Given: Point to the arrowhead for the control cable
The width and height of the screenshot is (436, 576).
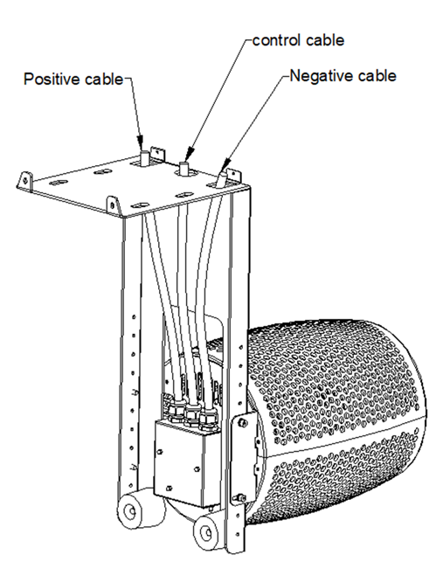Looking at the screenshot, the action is pyautogui.click(x=189, y=152).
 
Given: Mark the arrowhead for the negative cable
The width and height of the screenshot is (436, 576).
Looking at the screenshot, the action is pyautogui.click(x=226, y=163).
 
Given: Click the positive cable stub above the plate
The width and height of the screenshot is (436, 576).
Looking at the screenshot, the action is pyautogui.click(x=144, y=157).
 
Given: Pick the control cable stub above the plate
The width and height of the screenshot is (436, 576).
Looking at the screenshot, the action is pyautogui.click(x=183, y=168).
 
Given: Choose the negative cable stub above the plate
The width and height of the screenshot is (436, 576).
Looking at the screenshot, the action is pyautogui.click(x=222, y=178).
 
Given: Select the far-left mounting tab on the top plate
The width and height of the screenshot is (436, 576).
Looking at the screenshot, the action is pyautogui.click(x=25, y=181).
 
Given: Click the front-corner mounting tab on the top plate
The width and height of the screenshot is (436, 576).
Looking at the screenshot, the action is pyautogui.click(x=114, y=205).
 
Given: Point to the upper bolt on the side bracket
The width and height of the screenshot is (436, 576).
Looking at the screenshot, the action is pyautogui.click(x=242, y=423).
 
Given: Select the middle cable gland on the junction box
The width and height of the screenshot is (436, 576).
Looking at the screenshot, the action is pyautogui.click(x=191, y=415).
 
